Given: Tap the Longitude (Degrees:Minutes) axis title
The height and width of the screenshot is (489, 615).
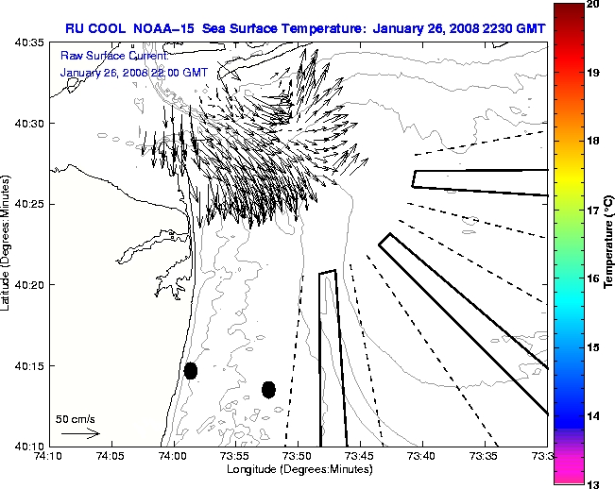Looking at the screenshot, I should (298, 469).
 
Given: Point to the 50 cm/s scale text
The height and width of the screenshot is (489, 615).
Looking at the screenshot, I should (75, 418).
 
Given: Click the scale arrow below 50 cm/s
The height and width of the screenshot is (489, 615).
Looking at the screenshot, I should (80, 433).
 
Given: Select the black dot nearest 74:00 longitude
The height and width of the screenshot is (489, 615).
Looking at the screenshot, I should (191, 370).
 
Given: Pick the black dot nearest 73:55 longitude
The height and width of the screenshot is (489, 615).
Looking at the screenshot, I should (268, 389).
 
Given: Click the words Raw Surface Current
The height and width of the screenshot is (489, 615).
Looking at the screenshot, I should (105, 58).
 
